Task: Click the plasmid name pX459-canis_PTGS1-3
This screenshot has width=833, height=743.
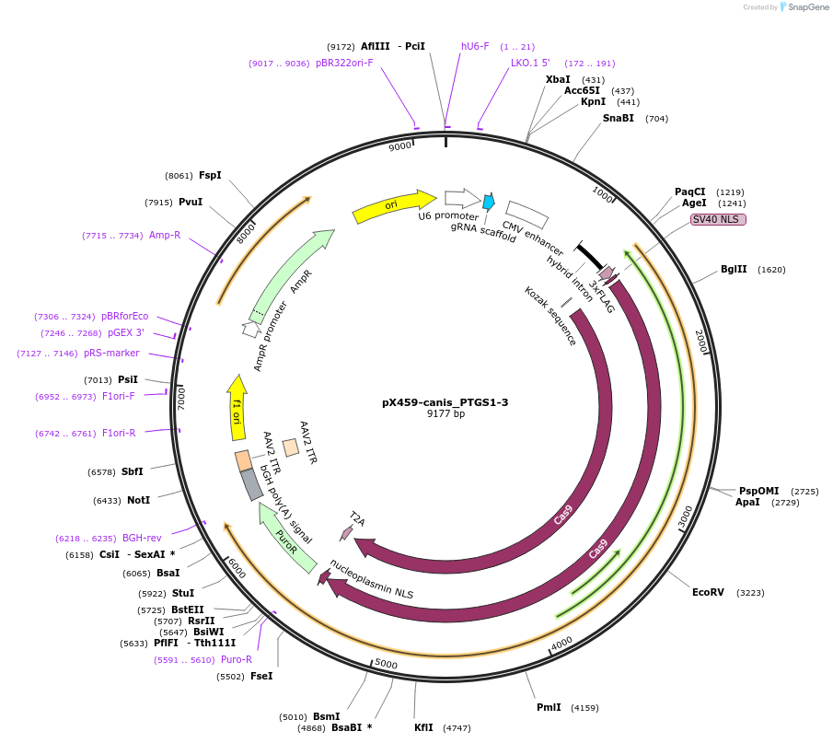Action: tap(445, 402)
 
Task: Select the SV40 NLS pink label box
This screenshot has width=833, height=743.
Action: tap(718, 219)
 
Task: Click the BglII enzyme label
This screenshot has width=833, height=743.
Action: tap(734, 270)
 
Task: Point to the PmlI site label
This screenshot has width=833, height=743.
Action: tap(549, 707)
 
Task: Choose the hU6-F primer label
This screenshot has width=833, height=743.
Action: tap(475, 46)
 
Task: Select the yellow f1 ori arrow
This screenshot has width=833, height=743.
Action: tap(237, 408)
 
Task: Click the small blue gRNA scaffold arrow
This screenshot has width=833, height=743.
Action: tap(489, 201)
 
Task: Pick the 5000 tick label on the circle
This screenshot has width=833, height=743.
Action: tap(386, 664)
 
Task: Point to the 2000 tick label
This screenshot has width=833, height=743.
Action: tap(700, 340)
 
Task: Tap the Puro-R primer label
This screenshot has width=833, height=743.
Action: tap(237, 659)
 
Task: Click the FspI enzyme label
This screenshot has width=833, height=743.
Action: tap(210, 175)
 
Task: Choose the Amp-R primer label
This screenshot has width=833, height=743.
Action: tap(165, 235)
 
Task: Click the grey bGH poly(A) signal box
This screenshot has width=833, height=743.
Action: tap(251, 484)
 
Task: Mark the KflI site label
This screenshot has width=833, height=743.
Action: tap(423, 727)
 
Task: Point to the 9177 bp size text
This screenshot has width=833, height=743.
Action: tap(445, 414)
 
